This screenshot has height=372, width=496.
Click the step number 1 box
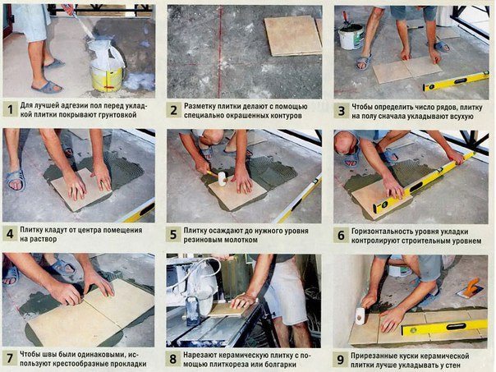click(x=10, y=109)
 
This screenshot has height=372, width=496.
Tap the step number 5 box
click(x=173, y=235)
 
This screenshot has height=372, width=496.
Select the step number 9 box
click(x=340, y=360)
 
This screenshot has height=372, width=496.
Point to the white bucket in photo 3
click(x=351, y=36)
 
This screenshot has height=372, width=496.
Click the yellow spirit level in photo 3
click(x=456, y=81)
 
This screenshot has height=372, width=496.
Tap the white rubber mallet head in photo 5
click(x=223, y=178)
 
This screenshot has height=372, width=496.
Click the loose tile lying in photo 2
click(x=293, y=36)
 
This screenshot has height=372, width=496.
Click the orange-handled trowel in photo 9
click(x=471, y=287)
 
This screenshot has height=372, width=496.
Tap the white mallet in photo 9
click(x=360, y=315)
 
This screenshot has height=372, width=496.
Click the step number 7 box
click(x=10, y=358)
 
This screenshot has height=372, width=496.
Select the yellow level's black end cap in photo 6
click(x=377, y=208)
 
